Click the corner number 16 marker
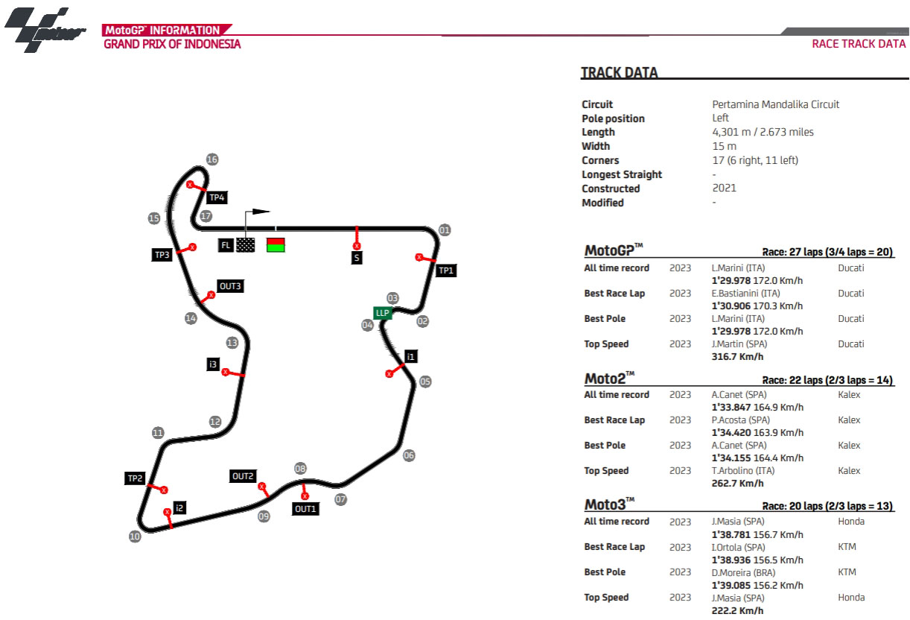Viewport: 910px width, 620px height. [x=212, y=159]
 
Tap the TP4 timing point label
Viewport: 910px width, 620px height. [x=217, y=197]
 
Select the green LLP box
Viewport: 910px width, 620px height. [x=383, y=313]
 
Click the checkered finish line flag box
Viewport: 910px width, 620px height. [x=246, y=244]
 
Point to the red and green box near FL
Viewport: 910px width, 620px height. [x=276, y=244]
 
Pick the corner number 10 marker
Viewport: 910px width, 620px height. [x=135, y=536]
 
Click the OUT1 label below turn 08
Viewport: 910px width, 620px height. [x=305, y=509]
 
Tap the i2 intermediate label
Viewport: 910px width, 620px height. [x=179, y=507]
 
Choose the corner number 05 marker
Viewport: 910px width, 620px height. [x=425, y=382]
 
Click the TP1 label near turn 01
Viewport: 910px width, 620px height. [x=445, y=271]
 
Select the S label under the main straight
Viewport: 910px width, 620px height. [x=357, y=258]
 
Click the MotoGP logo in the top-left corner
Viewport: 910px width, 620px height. [x=45, y=30]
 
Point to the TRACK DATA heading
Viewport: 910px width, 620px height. [x=619, y=73]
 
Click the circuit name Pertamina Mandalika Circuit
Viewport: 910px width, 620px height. [x=775, y=104]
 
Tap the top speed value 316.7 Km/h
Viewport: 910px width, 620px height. [x=737, y=357]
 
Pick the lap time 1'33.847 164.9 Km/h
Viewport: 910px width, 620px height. [x=757, y=407]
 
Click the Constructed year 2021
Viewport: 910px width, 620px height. [x=724, y=189]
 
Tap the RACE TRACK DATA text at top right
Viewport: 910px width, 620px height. [x=858, y=44]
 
